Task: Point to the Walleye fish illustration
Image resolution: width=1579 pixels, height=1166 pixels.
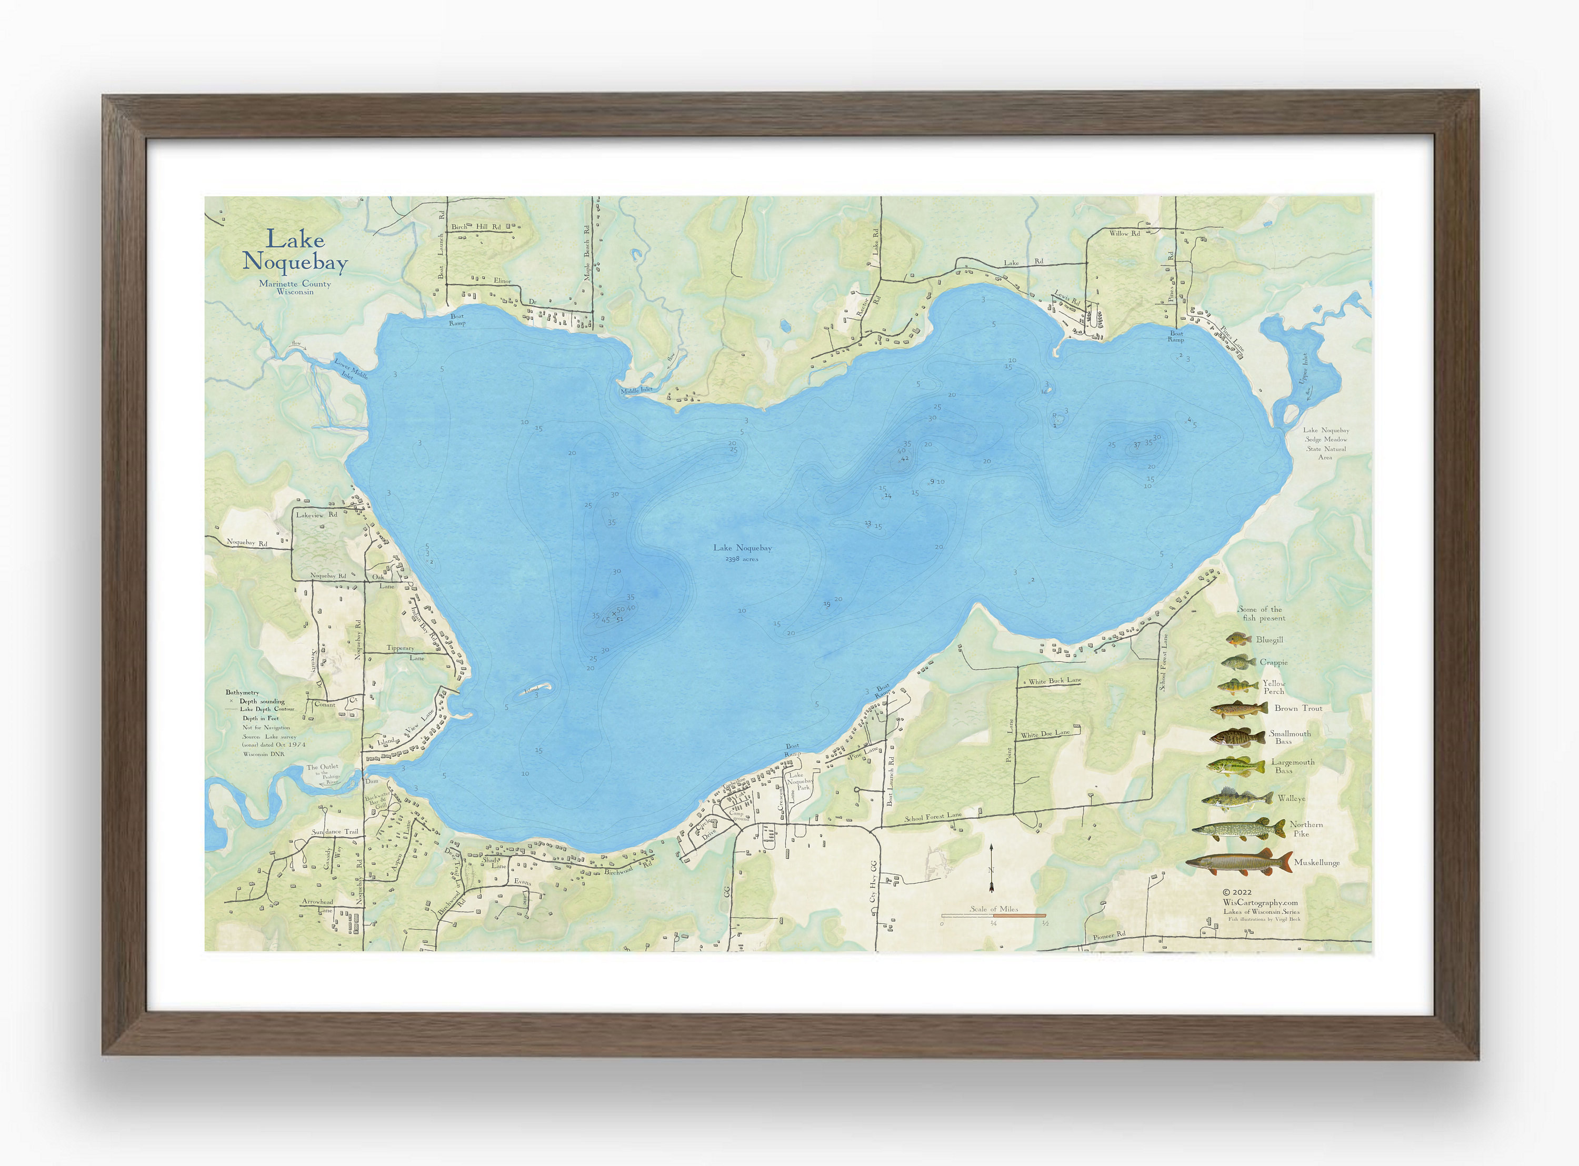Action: (x=1237, y=799)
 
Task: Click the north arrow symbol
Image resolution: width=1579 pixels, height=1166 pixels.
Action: (x=991, y=868)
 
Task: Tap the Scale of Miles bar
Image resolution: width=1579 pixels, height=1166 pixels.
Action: (x=994, y=916)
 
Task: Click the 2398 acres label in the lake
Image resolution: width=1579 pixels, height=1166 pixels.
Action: (x=741, y=559)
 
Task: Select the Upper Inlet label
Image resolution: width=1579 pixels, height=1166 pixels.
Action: (x=1304, y=368)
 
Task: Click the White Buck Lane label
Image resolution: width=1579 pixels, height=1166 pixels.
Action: (x=1055, y=681)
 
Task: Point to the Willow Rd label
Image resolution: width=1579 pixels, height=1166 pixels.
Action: (x=1124, y=233)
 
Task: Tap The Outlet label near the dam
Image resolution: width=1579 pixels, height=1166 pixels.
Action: (x=323, y=767)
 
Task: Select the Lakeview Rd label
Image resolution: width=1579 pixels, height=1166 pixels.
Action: (x=316, y=515)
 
